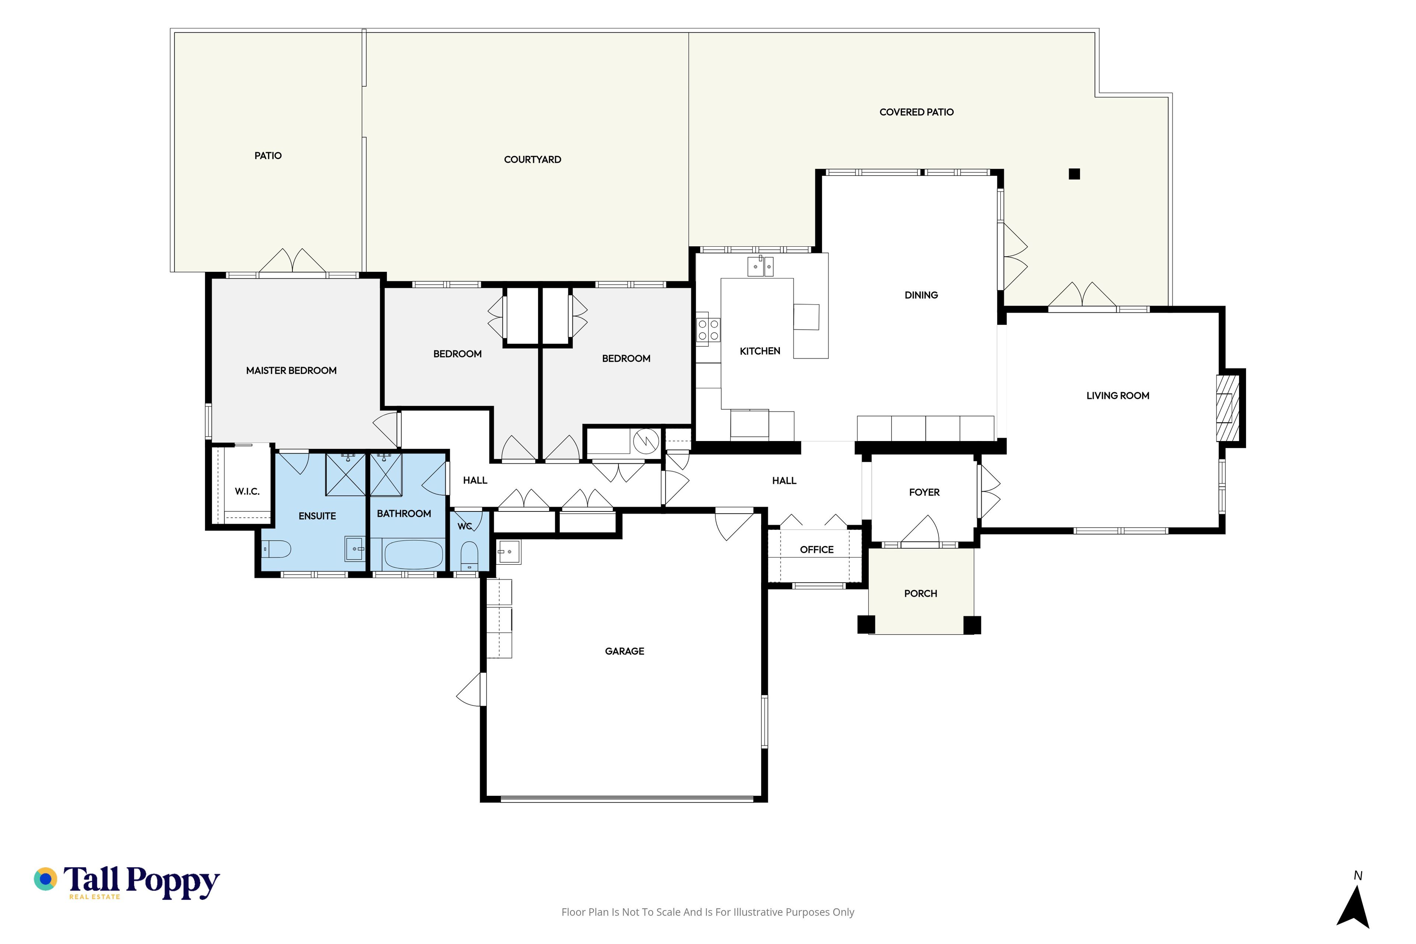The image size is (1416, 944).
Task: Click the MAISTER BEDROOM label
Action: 291,370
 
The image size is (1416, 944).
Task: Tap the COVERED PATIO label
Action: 916,112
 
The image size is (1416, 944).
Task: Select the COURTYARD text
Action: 532,160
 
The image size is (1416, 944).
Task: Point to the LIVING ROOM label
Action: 1117,396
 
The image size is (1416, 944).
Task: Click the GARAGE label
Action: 624,651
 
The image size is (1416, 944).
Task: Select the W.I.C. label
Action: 247,491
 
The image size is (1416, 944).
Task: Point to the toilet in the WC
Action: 469,555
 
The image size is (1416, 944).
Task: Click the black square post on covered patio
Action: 1074,174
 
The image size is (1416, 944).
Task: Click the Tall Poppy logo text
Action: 142,882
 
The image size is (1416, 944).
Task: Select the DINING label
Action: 921,295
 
